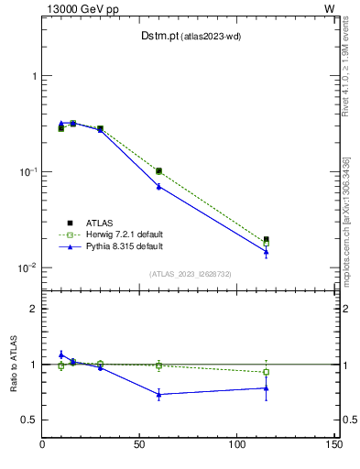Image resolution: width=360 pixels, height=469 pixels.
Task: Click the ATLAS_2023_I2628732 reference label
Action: tap(190, 273)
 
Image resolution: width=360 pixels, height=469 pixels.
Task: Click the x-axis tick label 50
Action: tap(140, 444)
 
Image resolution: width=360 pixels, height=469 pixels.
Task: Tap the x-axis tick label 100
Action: tap(236, 444)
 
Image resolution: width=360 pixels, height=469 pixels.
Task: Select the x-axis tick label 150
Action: tap(333, 444)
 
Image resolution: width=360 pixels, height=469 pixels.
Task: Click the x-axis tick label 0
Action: tap(43, 444)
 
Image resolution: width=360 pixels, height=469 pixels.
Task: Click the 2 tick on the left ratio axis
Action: tap(33, 309)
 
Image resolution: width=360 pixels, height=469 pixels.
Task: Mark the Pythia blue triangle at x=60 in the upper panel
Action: tap(158, 186)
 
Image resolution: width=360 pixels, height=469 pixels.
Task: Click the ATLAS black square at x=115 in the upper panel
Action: tap(266, 240)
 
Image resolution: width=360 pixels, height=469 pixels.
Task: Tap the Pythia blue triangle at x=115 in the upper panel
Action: tap(266, 252)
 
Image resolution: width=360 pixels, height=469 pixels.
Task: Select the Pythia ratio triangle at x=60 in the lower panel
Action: tap(158, 394)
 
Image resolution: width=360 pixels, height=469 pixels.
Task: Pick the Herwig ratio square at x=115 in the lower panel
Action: tap(266, 372)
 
